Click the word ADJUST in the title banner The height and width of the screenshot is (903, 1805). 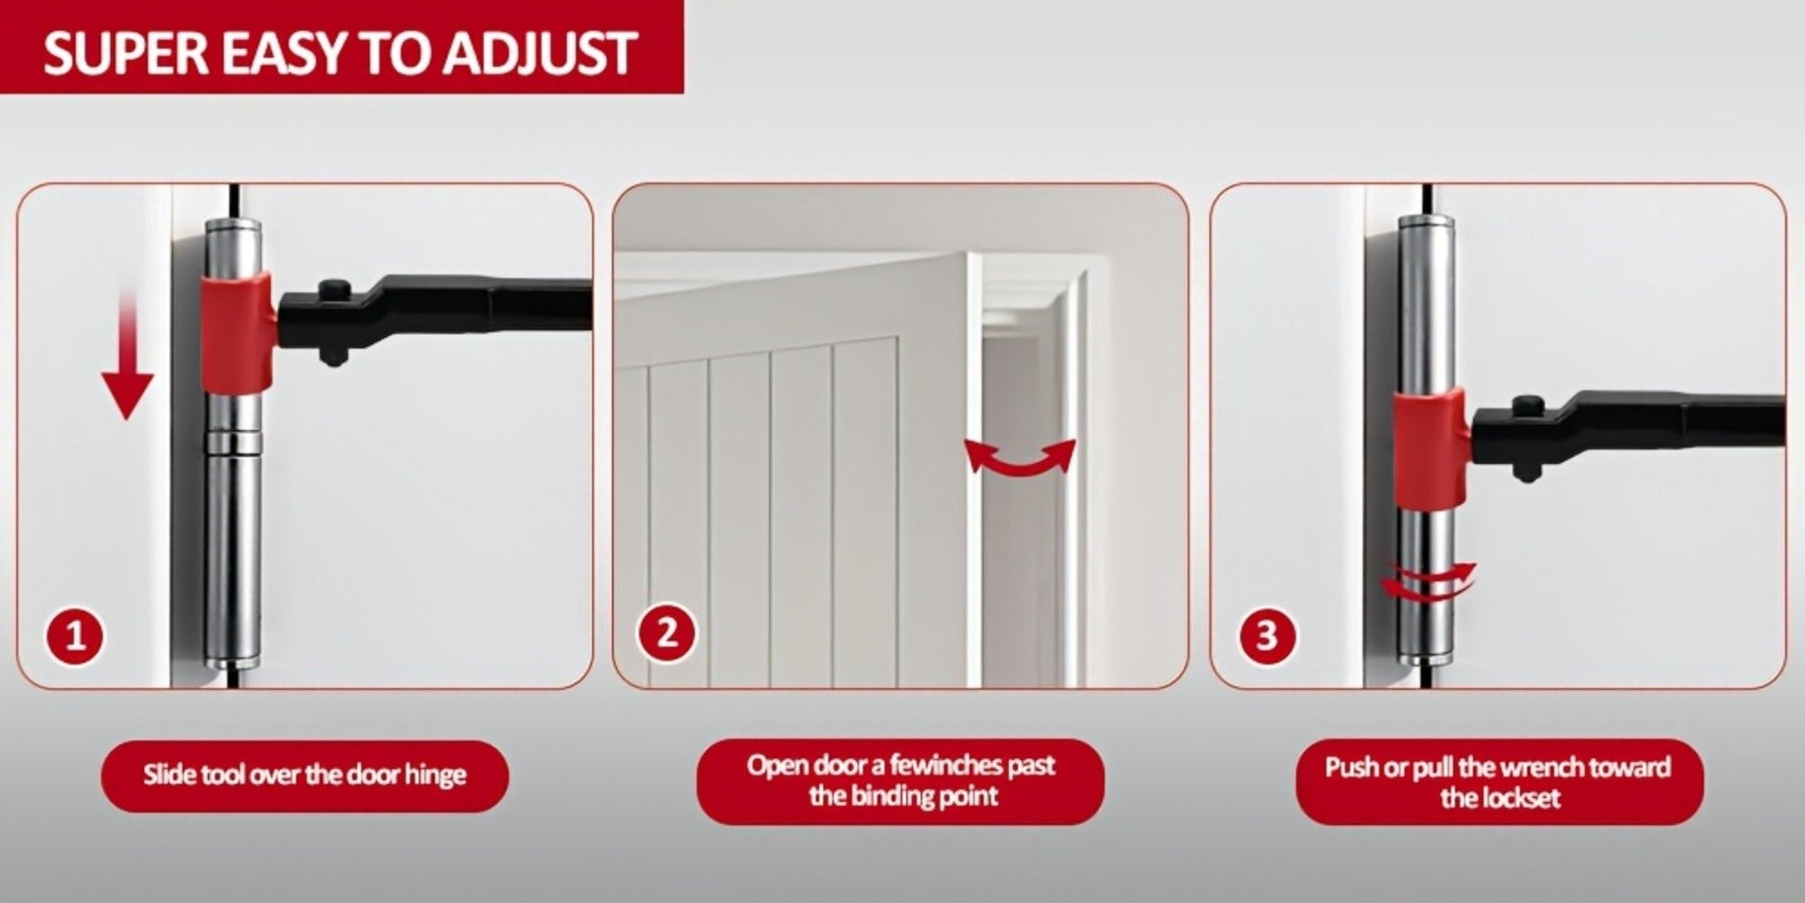pos(540,52)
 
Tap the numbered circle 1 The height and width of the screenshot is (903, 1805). pos(75,636)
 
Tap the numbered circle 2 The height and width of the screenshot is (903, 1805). pos(667,634)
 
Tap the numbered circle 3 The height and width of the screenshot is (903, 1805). pos(1266,636)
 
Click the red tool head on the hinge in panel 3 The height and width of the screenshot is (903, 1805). pos(1430,447)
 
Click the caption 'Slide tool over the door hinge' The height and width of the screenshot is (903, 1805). pos(304,775)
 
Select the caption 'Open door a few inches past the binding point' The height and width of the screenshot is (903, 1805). pos(901,780)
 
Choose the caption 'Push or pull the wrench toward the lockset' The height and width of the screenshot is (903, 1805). pos(1499,781)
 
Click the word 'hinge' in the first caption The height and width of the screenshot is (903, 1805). pos(435,776)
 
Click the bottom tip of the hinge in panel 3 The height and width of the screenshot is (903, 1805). pos(1425,662)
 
